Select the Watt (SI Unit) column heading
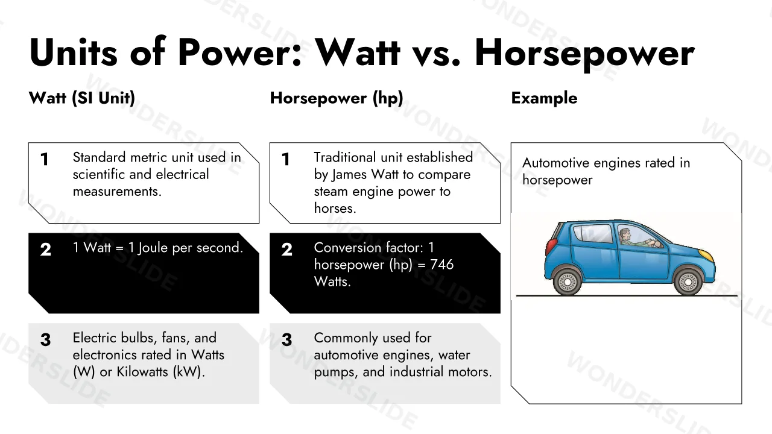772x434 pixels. click(x=81, y=98)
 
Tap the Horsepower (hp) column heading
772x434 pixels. click(x=337, y=98)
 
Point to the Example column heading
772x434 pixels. click(x=544, y=98)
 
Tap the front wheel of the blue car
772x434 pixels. click(x=688, y=282)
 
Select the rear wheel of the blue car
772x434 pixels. click(x=567, y=282)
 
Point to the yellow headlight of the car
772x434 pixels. click(x=706, y=255)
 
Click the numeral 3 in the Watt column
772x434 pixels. click(x=45, y=340)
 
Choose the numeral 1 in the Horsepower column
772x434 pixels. click(x=285, y=160)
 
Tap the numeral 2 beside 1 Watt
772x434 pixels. click(x=45, y=250)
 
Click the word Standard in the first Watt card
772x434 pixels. click(x=100, y=157)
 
